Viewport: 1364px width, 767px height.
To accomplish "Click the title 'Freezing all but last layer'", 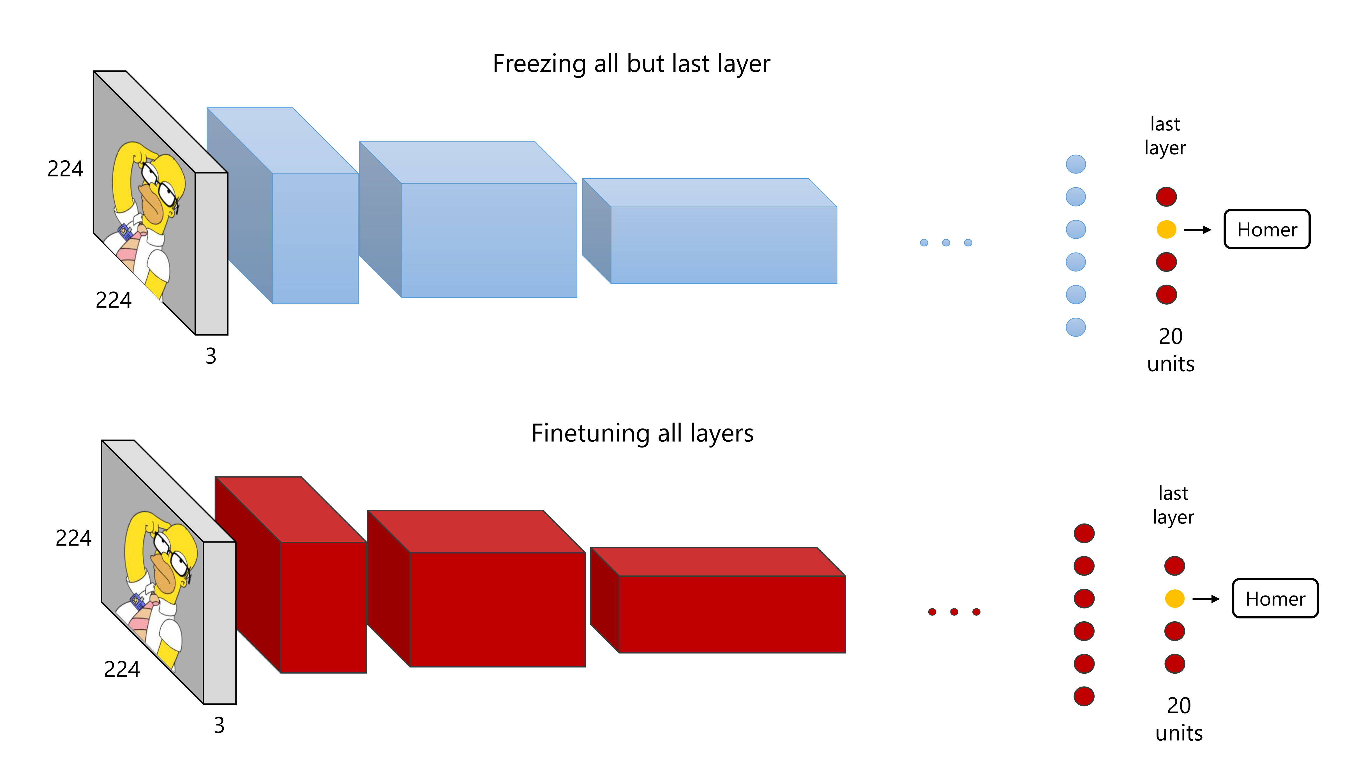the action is point(631,64).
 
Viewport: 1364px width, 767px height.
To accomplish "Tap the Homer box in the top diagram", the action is point(1267,229).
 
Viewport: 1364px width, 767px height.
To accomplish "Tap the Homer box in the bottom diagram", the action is point(1275,599).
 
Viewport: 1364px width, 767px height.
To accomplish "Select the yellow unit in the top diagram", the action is point(1166,229).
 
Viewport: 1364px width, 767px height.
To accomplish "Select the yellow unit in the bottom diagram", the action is point(1174,599).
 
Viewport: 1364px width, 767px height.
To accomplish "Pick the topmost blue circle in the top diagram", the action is point(1075,164).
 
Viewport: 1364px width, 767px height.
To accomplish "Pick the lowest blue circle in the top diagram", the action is point(1075,327).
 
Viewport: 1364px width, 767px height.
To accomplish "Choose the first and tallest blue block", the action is point(315,238).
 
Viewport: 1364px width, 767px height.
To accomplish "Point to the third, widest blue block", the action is point(723,245).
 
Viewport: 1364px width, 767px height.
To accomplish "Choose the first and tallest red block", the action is point(323,607).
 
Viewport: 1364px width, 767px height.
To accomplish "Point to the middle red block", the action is point(497,609).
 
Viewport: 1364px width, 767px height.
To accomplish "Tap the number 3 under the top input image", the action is point(211,356).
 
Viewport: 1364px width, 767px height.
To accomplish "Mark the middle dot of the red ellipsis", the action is point(954,612).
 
